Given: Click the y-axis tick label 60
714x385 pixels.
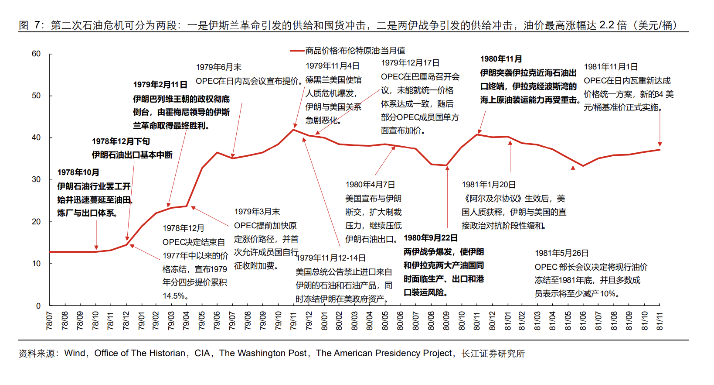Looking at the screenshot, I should point(36,54).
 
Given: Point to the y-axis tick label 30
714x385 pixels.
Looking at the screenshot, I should point(36,179).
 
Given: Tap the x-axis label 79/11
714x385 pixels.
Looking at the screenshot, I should point(293,321).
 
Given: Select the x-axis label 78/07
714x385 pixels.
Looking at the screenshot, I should point(50,321).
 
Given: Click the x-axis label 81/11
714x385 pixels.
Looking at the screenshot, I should point(660,321).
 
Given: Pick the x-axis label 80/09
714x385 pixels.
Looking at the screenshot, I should point(446,321).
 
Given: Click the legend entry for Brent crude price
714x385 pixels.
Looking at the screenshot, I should point(355,51).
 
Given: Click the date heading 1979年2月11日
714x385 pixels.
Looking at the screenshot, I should point(160,85).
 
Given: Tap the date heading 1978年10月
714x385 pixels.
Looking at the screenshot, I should point(78,172).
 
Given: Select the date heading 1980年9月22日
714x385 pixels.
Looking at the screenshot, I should point(431,238).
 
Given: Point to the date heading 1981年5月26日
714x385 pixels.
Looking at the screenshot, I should point(561,253).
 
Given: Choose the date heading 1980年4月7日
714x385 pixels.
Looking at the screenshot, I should point(370,185).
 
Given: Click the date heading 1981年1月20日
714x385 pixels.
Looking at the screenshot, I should point(489,185).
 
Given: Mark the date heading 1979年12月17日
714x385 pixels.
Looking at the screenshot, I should point(410,63).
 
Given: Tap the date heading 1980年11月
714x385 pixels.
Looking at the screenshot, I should point(501,59).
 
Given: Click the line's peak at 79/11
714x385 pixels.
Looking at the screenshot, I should point(293,130).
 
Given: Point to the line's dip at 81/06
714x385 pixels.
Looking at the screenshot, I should point(583,166).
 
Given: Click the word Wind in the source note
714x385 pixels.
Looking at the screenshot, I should point(74,353).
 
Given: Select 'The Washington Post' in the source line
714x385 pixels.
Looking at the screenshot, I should point(263,353).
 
